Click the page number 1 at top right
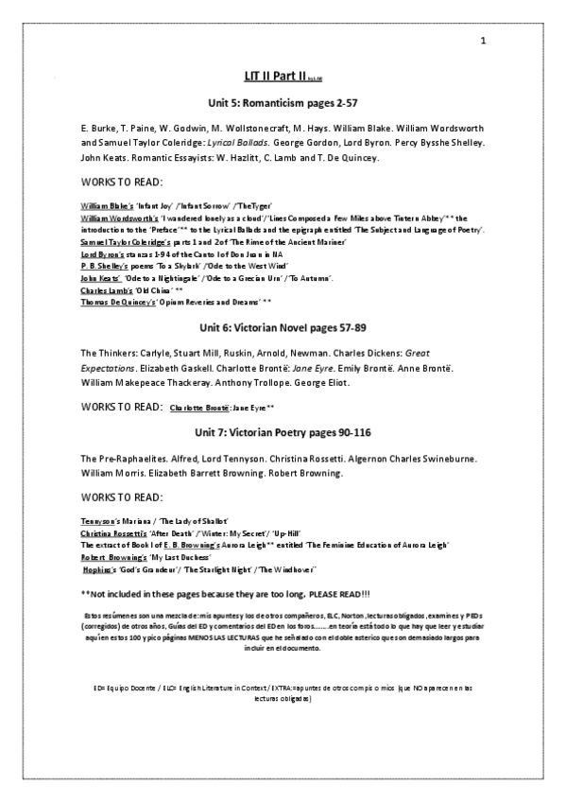(x=483, y=41)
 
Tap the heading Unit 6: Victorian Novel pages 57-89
(x=283, y=327)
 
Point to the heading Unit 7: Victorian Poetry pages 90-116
(x=283, y=432)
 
